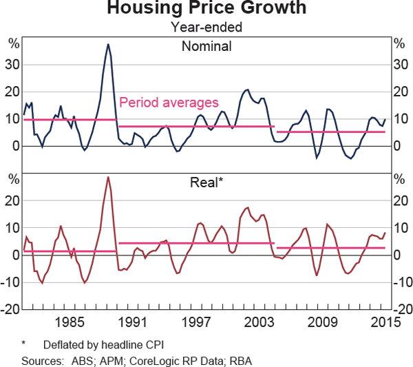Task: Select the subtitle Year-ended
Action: pos(206,28)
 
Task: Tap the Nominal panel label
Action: pos(206,47)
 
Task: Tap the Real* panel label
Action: pos(207,182)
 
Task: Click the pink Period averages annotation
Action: pos(169,103)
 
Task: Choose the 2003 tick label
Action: pos(260,322)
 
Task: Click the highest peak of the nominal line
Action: pos(108,44)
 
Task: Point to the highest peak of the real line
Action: pos(108,177)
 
